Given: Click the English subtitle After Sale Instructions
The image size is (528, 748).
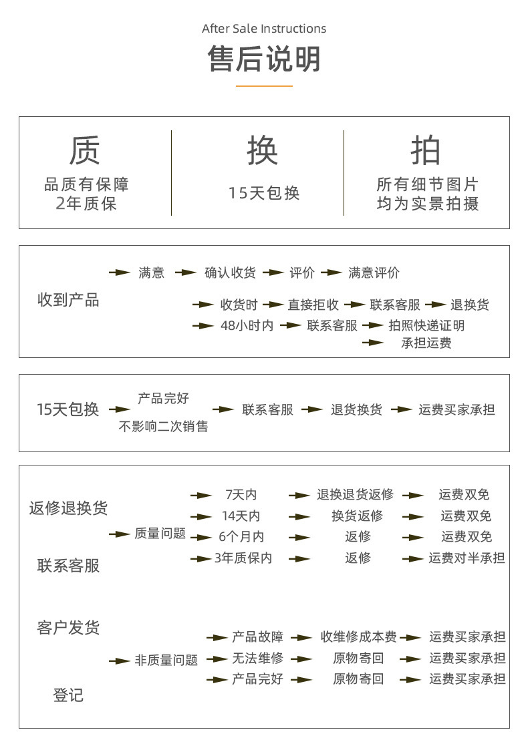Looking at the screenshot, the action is point(264,29).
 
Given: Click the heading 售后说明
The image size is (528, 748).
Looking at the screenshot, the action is point(264,58).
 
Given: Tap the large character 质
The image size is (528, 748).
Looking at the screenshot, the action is point(85,150).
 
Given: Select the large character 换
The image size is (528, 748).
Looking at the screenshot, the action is point(263,150).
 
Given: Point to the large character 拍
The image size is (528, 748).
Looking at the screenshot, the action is point(426,150).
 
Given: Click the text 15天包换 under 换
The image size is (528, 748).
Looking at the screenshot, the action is point(264,194).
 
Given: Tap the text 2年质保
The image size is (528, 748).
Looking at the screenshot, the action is point(86,204).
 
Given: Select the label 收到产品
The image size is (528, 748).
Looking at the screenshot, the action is point(68,300).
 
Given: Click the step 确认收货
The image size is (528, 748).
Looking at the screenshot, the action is point(230,272).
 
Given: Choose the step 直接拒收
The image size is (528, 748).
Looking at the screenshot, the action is point(313,305).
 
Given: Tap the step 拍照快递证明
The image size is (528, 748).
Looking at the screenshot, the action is point(426,326).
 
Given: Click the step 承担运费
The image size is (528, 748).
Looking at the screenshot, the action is point(426,343).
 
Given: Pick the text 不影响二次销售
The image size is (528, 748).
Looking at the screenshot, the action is point(163,426).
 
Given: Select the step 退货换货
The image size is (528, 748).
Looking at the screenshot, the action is point(356,410).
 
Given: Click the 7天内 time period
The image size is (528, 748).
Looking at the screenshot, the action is point(241,495).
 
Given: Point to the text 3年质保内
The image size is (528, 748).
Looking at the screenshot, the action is point(243,558).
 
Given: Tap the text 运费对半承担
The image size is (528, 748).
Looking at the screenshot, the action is point(467,558).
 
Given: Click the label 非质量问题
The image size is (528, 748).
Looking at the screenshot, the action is point(166,661).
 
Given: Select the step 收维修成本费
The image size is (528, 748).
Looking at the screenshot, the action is point(358,637).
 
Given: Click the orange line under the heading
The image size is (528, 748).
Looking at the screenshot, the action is point(264,86).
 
